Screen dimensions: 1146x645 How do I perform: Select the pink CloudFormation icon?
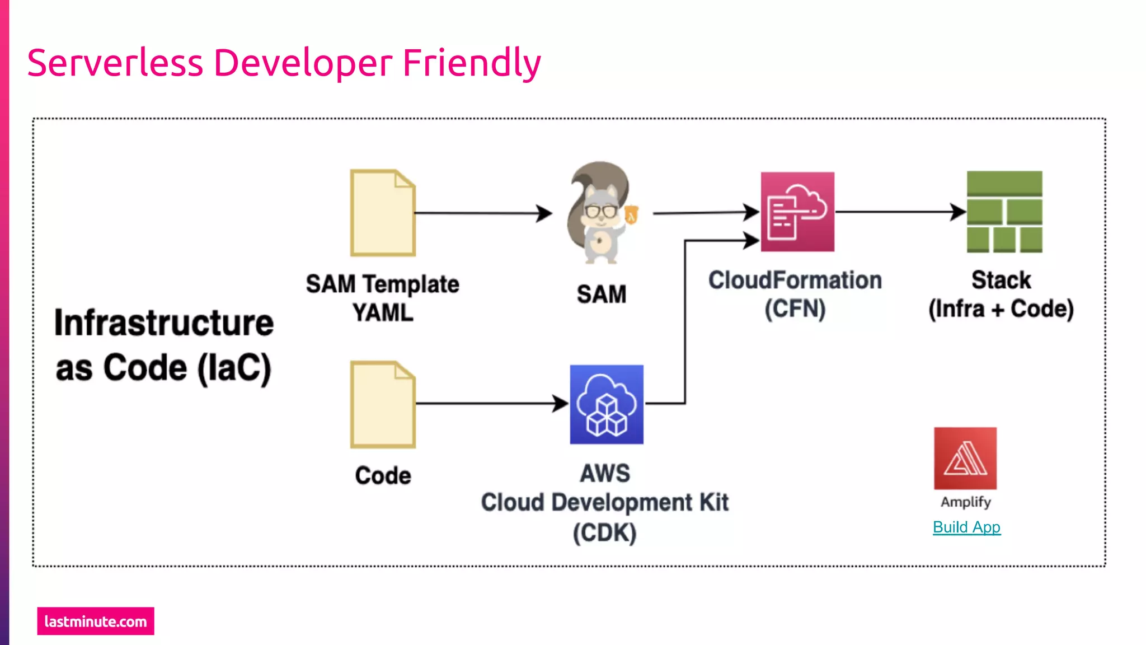(797, 212)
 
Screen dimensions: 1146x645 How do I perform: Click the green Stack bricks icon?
(1004, 212)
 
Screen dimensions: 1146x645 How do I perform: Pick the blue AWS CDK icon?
(607, 404)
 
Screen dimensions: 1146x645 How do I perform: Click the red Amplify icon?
(965, 459)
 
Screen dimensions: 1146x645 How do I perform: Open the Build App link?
(966, 527)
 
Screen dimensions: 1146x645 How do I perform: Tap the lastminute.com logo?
(96, 621)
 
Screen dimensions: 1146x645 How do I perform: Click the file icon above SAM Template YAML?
(383, 213)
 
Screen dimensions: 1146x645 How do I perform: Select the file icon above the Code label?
(383, 404)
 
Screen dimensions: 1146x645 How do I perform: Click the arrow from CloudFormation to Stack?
(901, 212)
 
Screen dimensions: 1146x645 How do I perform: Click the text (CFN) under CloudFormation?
(795, 309)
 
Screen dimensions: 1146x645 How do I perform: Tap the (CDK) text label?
(605, 532)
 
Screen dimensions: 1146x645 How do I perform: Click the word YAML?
(383, 312)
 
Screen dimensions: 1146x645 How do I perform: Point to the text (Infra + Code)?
(1001, 309)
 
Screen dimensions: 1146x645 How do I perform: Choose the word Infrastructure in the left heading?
(164, 323)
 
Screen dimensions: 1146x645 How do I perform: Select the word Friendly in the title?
(472, 63)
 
